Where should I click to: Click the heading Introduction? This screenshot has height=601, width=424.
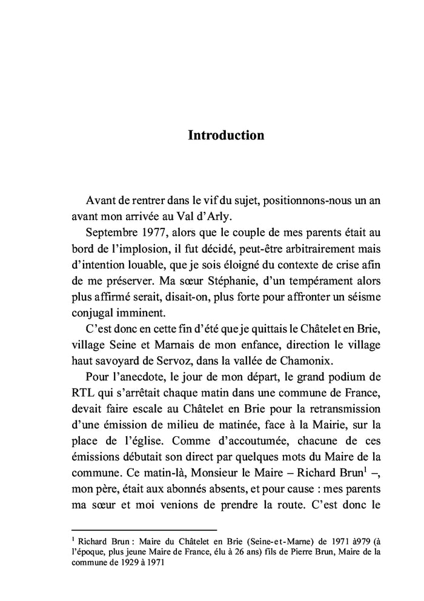pyautogui.click(x=226, y=134)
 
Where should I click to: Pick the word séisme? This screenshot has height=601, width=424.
pyautogui.click(x=361, y=295)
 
